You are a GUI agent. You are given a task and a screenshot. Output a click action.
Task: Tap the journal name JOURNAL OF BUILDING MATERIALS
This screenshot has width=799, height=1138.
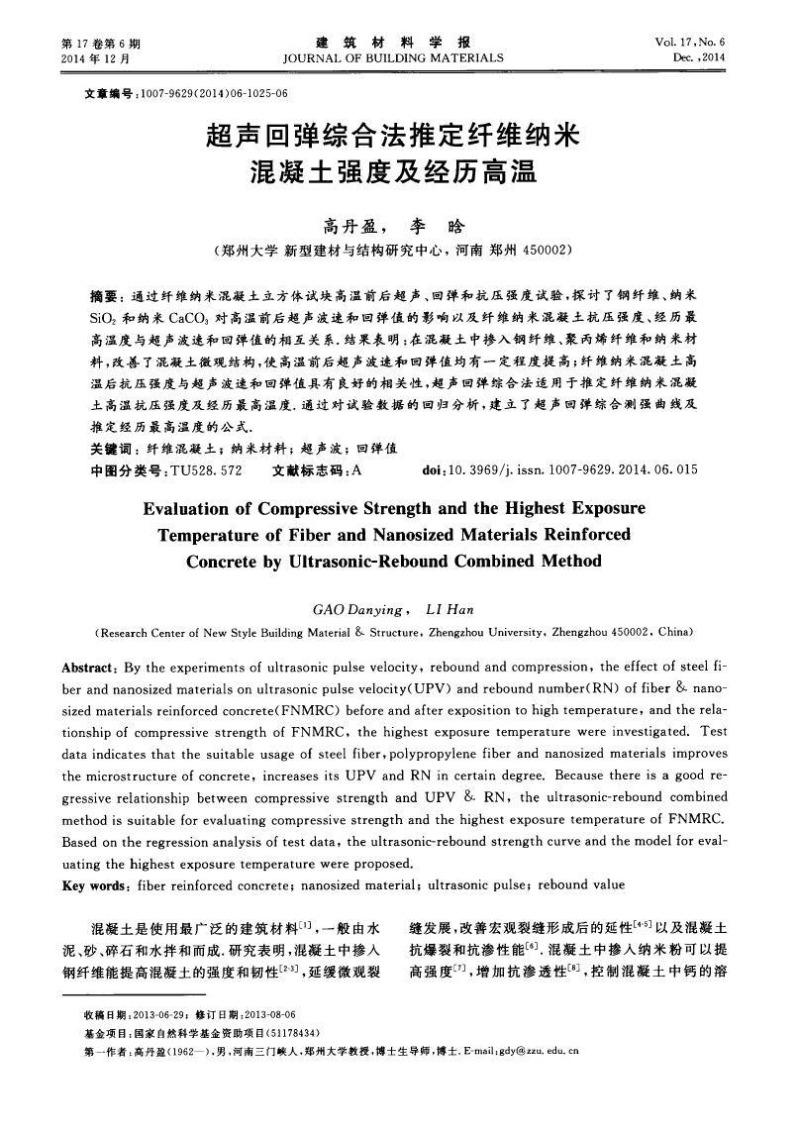click(393, 58)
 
